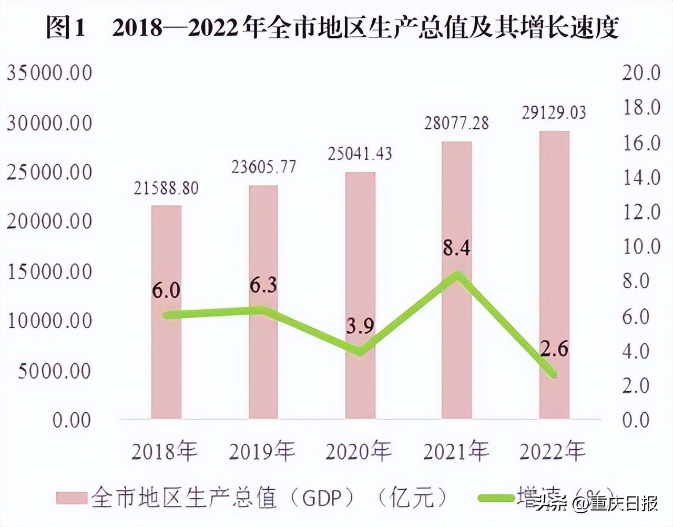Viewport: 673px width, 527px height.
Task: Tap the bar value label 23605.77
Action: (x=264, y=167)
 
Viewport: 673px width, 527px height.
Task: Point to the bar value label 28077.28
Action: (x=456, y=123)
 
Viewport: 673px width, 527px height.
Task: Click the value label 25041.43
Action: (x=360, y=154)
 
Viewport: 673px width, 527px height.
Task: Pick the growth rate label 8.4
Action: (x=456, y=247)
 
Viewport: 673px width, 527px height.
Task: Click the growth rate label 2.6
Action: (x=554, y=348)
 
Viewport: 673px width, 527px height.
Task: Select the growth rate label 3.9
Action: (x=360, y=326)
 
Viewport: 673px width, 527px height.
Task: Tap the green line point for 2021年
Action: (x=457, y=276)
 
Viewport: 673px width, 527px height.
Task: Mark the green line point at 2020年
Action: (x=360, y=351)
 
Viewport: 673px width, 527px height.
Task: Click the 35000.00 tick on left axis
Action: (x=49, y=73)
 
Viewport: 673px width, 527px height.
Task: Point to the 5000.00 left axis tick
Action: (x=55, y=371)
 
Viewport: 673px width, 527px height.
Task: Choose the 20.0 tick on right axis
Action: (x=640, y=73)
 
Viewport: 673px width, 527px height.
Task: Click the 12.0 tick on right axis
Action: (x=640, y=212)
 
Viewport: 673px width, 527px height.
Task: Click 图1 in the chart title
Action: (x=65, y=28)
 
